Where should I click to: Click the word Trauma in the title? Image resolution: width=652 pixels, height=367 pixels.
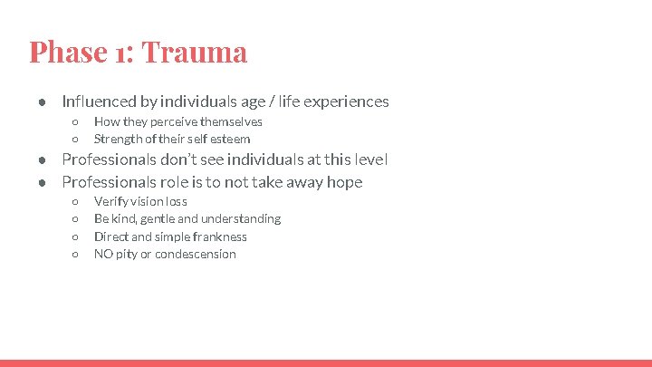[x=195, y=52]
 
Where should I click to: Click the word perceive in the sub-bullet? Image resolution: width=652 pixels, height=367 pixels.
[x=170, y=121]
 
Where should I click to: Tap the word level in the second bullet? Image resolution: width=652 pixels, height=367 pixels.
[x=370, y=159]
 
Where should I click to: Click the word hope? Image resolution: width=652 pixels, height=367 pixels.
[x=343, y=182]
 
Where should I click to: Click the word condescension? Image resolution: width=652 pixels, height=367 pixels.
[x=196, y=254]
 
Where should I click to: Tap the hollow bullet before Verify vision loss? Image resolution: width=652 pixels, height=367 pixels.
[x=76, y=201]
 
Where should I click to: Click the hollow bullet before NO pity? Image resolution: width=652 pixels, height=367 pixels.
[x=76, y=255]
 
